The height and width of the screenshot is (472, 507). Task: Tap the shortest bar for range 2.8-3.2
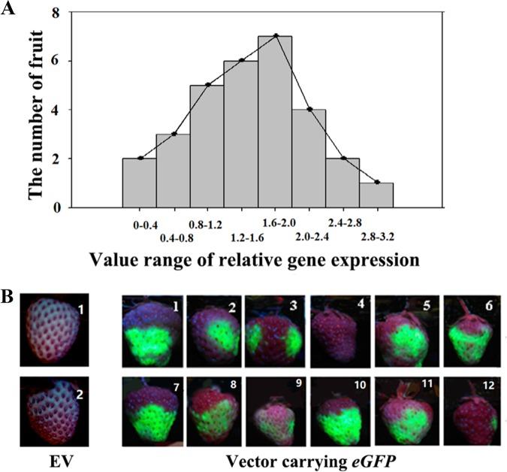tap(376, 195)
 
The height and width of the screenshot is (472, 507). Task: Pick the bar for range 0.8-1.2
tap(207, 146)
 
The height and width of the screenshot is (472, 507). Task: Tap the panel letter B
tap(9, 295)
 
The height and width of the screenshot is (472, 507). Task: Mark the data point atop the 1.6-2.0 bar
tap(276, 36)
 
